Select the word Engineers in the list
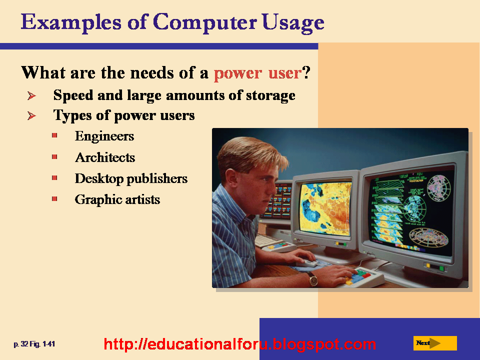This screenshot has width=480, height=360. (x=104, y=136)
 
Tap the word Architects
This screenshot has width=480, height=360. (x=105, y=157)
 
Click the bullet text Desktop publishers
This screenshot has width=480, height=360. (x=131, y=178)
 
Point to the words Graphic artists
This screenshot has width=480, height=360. (x=117, y=199)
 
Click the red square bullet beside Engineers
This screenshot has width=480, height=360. (x=54, y=135)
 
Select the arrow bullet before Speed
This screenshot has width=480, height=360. (x=31, y=95)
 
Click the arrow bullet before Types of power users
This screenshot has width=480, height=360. (x=31, y=116)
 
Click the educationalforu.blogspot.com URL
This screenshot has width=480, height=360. (x=239, y=344)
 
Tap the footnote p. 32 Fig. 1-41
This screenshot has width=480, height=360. (x=34, y=344)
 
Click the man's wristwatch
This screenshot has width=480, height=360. (x=313, y=278)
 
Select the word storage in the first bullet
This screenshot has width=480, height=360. (x=270, y=95)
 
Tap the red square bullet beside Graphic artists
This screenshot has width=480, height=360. (x=54, y=199)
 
